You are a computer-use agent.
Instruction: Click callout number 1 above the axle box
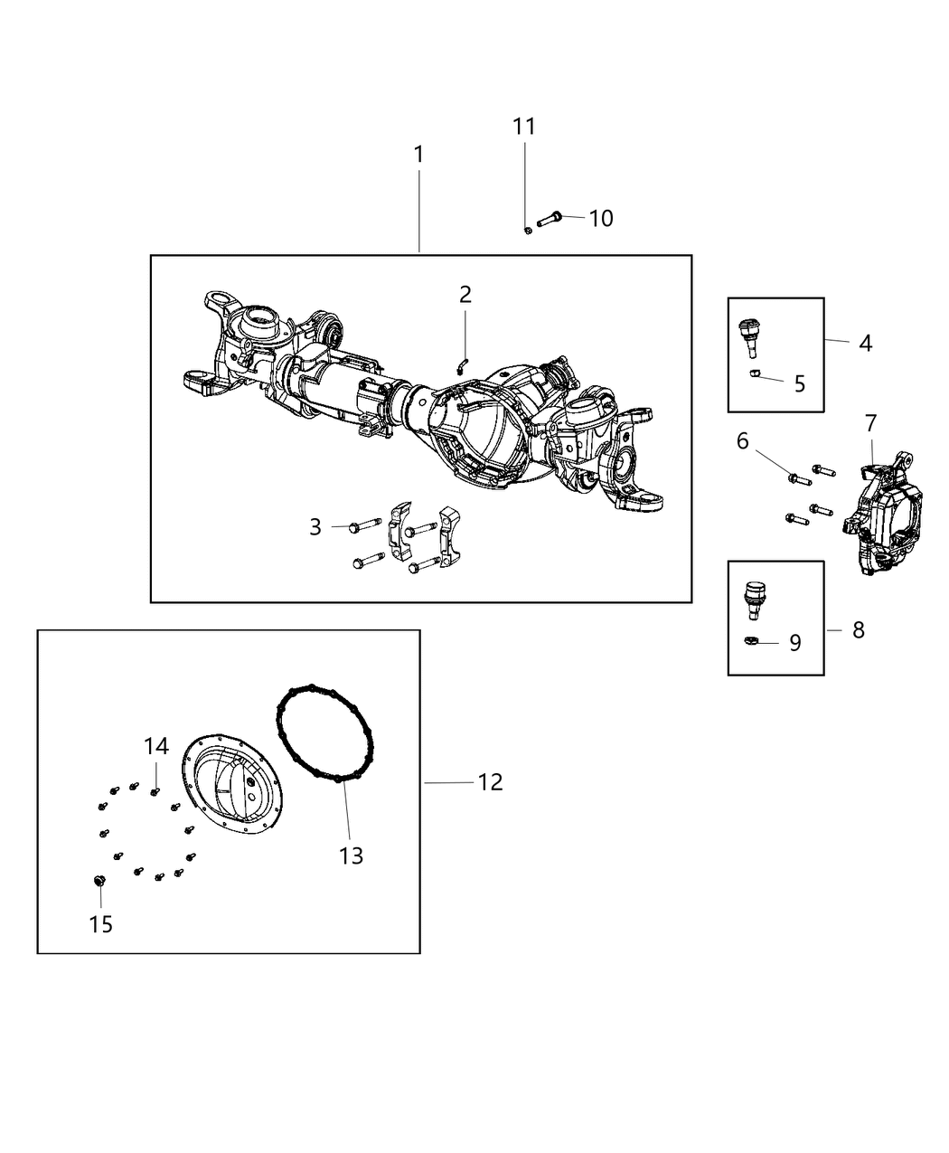(418, 155)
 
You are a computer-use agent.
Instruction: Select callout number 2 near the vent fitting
(465, 294)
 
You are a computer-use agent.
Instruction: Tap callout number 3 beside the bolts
(315, 526)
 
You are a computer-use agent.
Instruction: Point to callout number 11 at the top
(524, 127)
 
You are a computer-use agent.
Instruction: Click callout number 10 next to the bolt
(601, 218)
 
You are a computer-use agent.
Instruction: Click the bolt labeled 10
(552, 218)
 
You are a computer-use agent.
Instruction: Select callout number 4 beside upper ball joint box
(865, 344)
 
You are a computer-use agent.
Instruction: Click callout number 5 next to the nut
(799, 383)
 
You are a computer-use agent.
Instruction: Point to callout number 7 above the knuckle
(870, 422)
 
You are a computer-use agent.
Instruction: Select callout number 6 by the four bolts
(742, 440)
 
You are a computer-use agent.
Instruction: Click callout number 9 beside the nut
(794, 643)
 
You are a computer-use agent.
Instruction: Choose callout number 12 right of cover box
(490, 781)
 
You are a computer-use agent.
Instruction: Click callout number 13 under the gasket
(351, 855)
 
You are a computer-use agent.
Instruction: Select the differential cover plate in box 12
(233, 782)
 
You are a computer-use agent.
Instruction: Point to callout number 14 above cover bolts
(155, 746)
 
